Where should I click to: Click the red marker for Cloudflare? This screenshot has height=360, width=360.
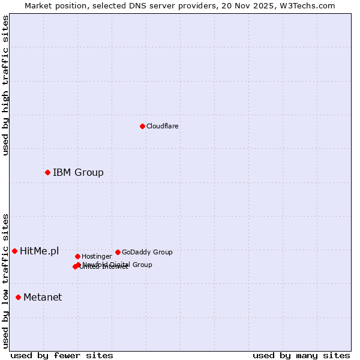click(142, 126)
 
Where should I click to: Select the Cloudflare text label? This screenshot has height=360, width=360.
click(163, 127)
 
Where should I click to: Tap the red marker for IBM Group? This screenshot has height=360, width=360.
click(47, 173)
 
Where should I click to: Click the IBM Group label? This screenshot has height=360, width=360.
click(78, 173)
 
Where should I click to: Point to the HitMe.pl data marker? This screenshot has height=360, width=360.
click(14, 251)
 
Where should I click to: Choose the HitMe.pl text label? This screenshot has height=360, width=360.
click(40, 251)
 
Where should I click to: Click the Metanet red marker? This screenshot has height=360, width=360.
click(18, 297)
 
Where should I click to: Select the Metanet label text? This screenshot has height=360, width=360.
click(43, 297)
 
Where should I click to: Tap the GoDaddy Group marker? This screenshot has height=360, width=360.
click(118, 252)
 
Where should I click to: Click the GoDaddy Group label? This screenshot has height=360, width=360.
click(147, 253)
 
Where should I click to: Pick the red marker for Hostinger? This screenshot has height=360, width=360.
click(77, 256)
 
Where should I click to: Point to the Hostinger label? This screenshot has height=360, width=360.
click(97, 257)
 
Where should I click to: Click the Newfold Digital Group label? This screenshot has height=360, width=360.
click(118, 265)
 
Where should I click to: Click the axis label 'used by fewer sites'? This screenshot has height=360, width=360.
click(62, 356)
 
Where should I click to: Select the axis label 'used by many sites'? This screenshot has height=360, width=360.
click(301, 356)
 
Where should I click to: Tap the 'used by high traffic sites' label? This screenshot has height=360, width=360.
click(5, 85)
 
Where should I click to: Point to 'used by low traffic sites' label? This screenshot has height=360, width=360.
click(5, 281)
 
